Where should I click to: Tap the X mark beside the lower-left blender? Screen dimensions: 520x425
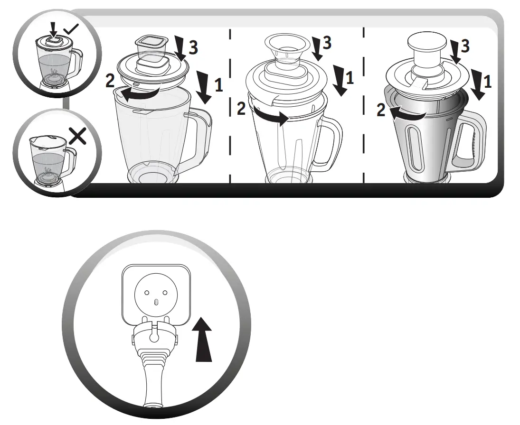(78, 137)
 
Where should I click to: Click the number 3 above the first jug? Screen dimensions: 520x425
(193, 46)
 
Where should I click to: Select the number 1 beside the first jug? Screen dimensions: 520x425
(218, 85)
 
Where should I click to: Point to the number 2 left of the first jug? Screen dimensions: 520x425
(110, 81)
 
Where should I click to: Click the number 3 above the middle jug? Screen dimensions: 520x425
(327, 43)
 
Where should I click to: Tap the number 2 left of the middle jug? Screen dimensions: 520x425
(241, 109)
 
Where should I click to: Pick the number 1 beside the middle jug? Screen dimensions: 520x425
(350, 77)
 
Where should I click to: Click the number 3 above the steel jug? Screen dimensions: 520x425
(465, 46)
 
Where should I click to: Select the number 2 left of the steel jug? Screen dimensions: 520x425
(381, 110)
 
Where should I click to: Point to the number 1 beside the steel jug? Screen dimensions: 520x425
(488, 82)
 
